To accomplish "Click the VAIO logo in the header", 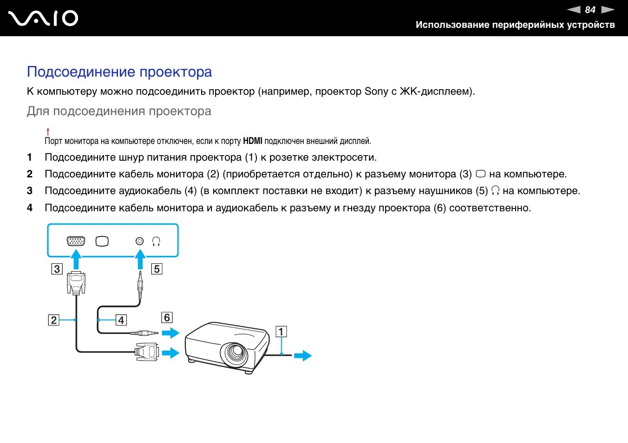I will coord(43,19).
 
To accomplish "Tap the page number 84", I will coord(590,10).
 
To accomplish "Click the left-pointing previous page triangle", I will coord(574,10).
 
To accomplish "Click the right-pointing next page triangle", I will coord(608,10).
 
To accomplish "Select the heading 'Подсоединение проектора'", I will coord(119,72).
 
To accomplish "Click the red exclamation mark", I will coord(48,132).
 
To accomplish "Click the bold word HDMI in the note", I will coord(253,141).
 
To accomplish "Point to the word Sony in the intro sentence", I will coord(376,91).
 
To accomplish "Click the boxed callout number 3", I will coord(57,269).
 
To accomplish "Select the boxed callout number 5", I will coord(157,269).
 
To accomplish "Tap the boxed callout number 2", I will coord(54,320).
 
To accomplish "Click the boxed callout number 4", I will coord(121,320).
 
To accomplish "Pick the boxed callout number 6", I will coord(167,318).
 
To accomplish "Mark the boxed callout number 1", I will coord(281,332).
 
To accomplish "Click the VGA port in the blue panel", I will coord(76,241).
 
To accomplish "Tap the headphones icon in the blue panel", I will coord(156,241).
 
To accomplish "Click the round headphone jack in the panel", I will coord(140,241).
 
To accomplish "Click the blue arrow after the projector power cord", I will coord(303,356).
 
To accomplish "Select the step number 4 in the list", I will coord(30,208).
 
